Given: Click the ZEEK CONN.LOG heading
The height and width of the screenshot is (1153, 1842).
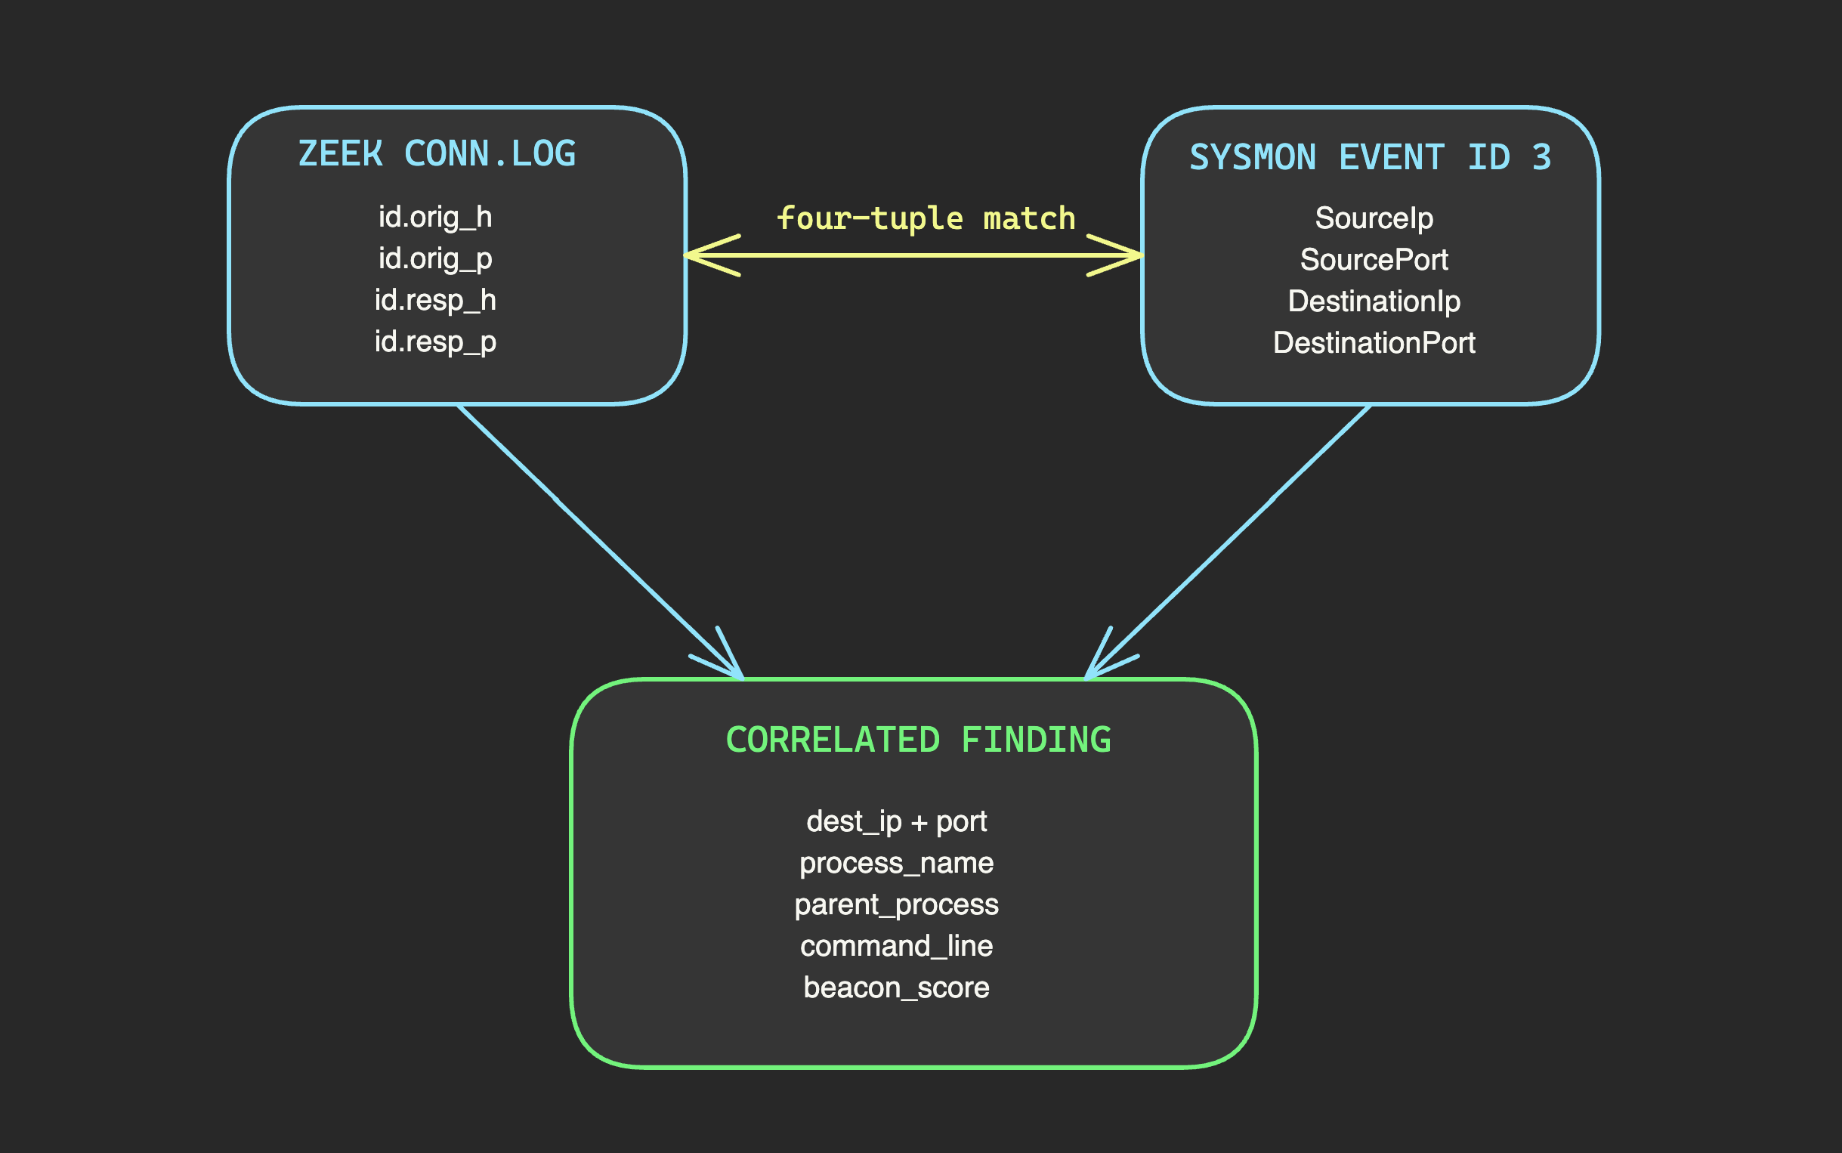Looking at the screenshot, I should coord(436,154).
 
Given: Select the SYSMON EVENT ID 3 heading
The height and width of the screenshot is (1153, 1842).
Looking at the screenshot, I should coord(1370,158).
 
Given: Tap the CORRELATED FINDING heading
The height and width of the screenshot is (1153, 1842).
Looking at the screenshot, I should coord(918,740).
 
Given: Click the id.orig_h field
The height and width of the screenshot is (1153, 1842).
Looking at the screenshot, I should coord(435,218).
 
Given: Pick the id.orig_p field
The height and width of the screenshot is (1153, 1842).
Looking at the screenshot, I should coord(435,258).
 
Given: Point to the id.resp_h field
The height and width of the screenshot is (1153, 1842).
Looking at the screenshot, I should coord(435,301).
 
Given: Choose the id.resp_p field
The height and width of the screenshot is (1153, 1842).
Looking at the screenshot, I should coord(435,342).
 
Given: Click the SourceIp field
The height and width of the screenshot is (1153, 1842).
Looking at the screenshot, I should coord(1374,219).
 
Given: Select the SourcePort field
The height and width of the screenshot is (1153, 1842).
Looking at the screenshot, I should coord(1374,260).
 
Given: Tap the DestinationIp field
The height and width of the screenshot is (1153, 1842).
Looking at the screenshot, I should coord(1374,301).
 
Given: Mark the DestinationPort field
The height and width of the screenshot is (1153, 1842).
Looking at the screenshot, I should coord(1374,343).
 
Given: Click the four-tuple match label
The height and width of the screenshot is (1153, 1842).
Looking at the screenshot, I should coord(926,219).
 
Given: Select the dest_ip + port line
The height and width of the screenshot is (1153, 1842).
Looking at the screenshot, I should coord(897,822).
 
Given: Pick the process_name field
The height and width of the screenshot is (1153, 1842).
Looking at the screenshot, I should coord(897,863).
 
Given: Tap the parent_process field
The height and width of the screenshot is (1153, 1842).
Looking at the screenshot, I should coord(897,905).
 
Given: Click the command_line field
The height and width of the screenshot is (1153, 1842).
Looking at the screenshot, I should coord(897,946).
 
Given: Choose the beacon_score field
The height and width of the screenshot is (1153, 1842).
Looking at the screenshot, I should coord(897,988).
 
